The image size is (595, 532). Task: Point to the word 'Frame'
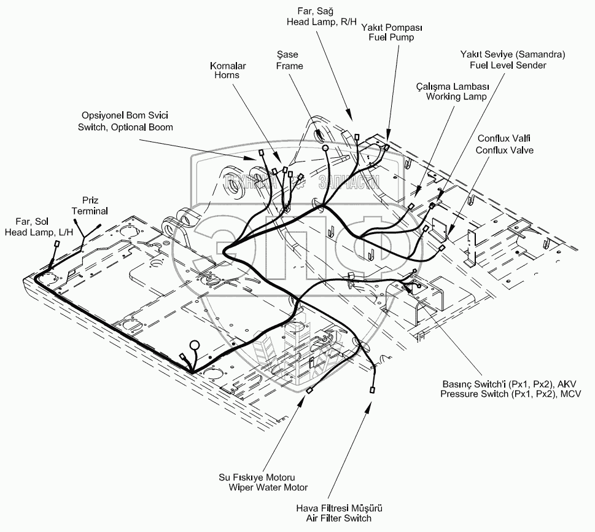[290, 66]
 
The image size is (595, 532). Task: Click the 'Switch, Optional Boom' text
[125, 127]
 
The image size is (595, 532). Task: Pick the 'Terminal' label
[90, 211]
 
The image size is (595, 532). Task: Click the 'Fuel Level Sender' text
[507, 65]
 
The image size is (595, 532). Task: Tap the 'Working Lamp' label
[456, 96]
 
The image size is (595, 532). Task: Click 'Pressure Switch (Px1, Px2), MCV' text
[510, 393]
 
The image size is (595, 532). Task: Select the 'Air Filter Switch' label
[340, 518]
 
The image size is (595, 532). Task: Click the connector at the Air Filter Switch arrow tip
[373, 389]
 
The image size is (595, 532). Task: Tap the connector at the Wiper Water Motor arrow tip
[311, 389]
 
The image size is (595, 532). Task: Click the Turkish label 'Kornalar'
[228, 65]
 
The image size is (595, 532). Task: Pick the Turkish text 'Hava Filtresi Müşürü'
[340, 509]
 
